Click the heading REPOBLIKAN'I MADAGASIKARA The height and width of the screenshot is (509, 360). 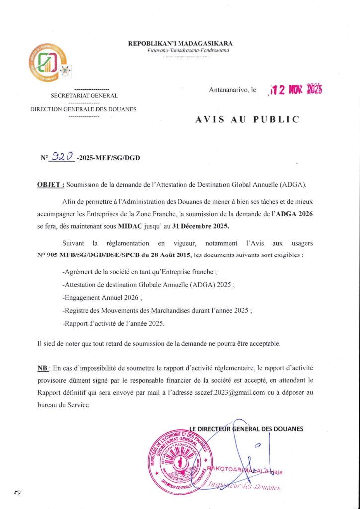[180, 44]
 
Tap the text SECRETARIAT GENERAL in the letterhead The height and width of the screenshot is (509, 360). [84, 95]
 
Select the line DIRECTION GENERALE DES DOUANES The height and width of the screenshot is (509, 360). [84, 109]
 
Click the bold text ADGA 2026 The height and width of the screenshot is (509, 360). [294, 214]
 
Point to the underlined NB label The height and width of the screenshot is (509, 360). [42, 368]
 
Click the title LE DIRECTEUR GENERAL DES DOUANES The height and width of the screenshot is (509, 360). [246, 428]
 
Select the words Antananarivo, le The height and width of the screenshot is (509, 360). [233, 90]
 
